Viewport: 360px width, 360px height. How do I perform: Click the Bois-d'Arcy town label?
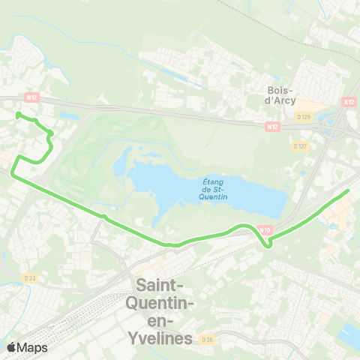pyautogui.click(x=281, y=95)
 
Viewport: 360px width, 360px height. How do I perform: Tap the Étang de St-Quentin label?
pyautogui.click(x=214, y=188)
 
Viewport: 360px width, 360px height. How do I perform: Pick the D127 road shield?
pyautogui.click(x=301, y=145)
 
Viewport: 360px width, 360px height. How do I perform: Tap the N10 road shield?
pyautogui.click(x=264, y=229)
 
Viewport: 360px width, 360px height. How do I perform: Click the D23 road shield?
pyautogui.click(x=29, y=277)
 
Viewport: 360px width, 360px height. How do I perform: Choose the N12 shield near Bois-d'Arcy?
pyautogui.click(x=271, y=127)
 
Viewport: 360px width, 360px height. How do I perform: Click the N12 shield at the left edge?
pyautogui.click(x=31, y=97)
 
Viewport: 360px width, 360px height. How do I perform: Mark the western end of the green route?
pyautogui.click(x=17, y=115)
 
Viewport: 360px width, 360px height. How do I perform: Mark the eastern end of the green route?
pyautogui.click(x=349, y=190)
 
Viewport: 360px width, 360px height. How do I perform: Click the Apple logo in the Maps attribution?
pyautogui.click(x=11, y=347)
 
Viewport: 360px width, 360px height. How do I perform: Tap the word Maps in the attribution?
pyautogui.click(x=32, y=347)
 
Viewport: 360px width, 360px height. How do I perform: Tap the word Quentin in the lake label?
pyautogui.click(x=216, y=196)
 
